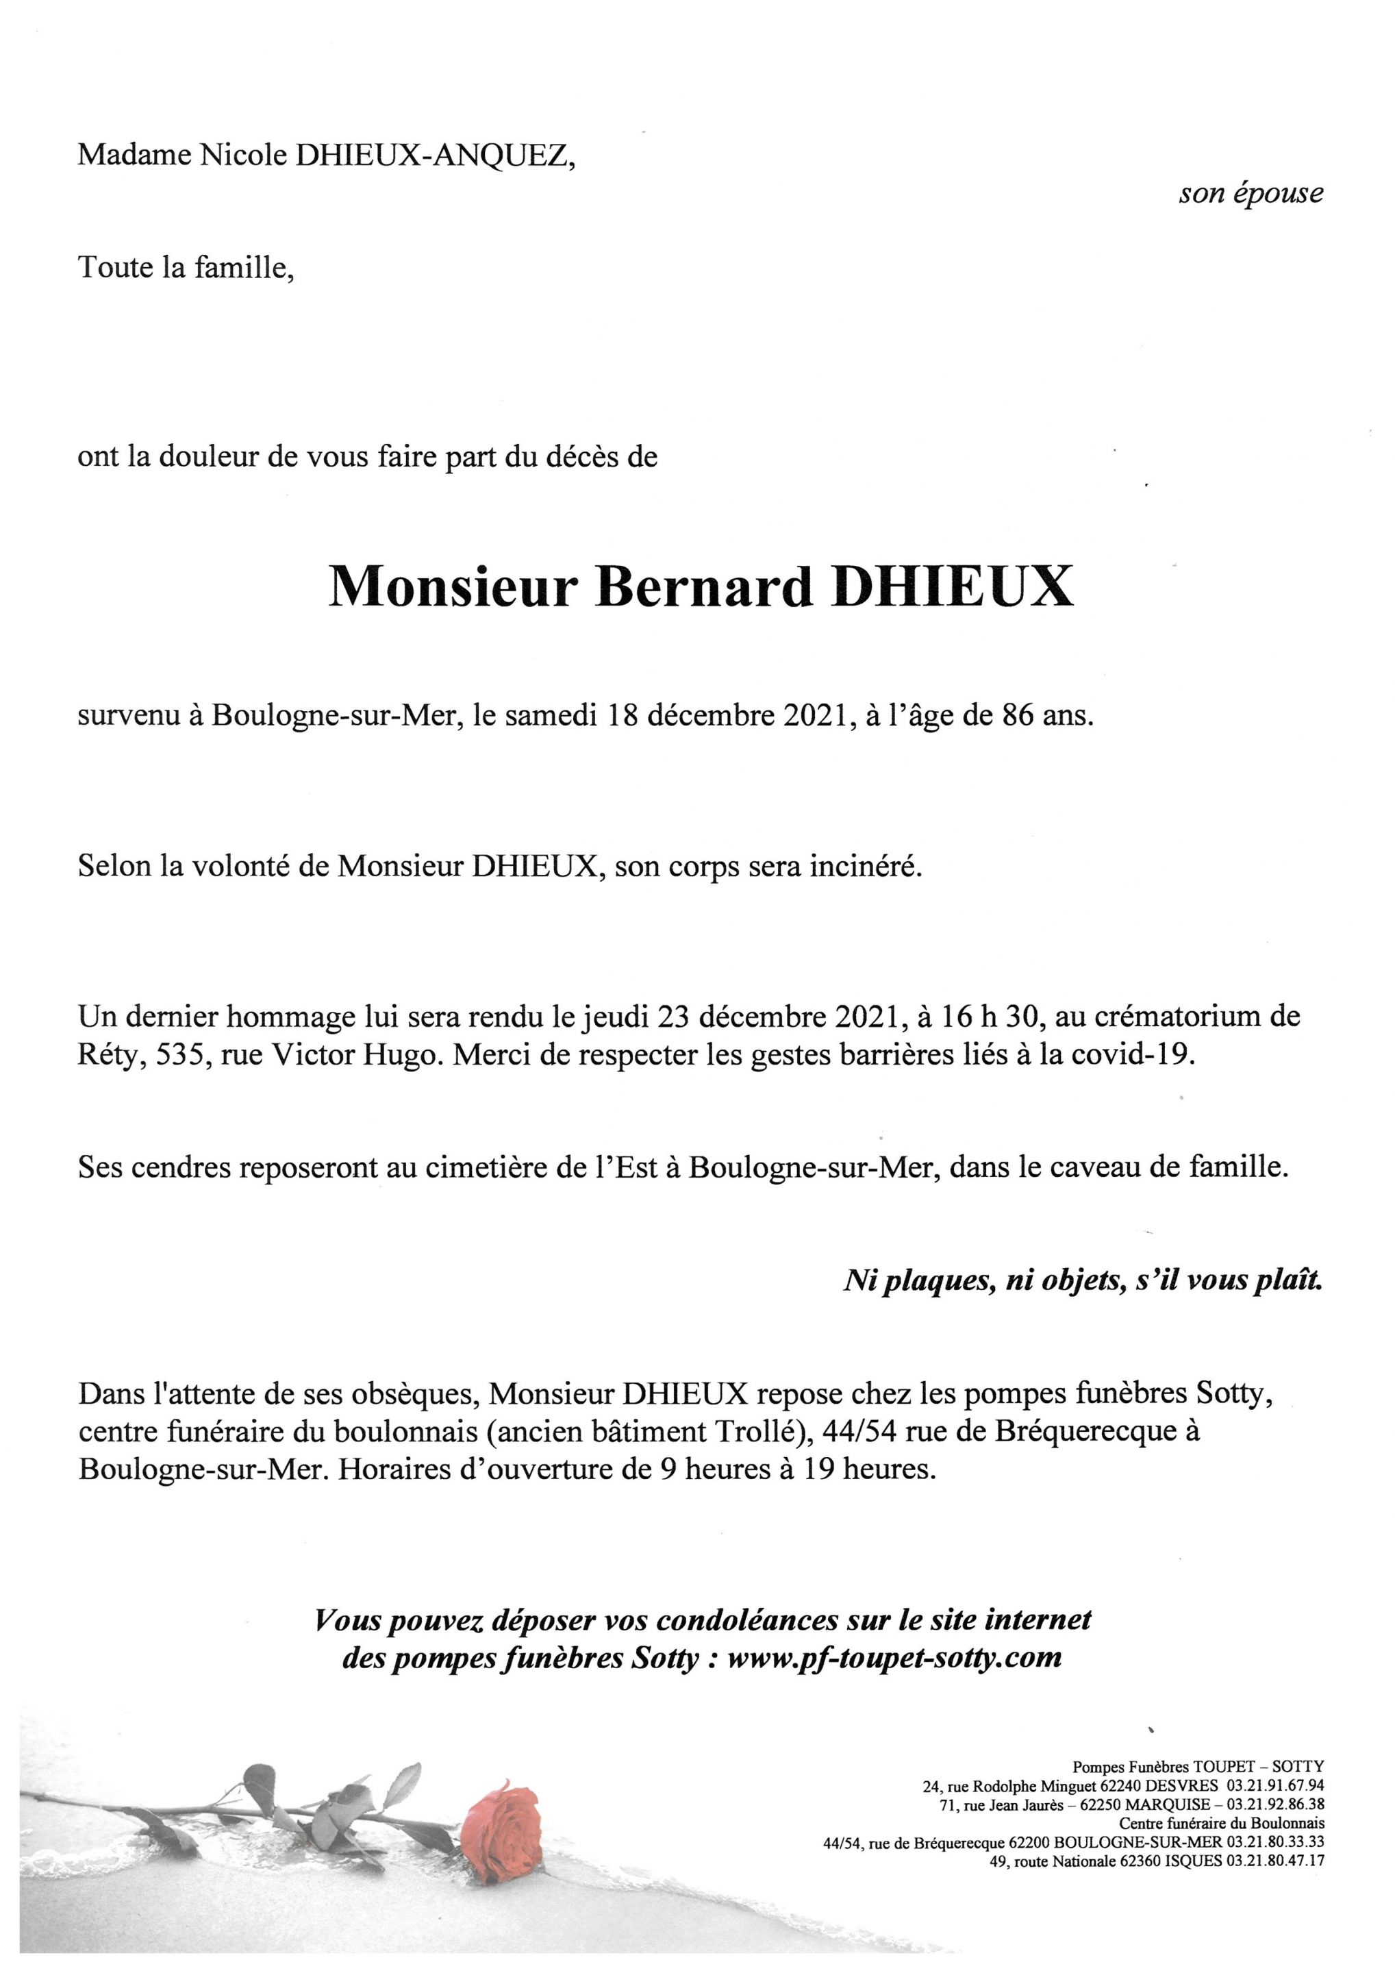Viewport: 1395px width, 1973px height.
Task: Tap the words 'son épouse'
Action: pyautogui.click(x=1250, y=193)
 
